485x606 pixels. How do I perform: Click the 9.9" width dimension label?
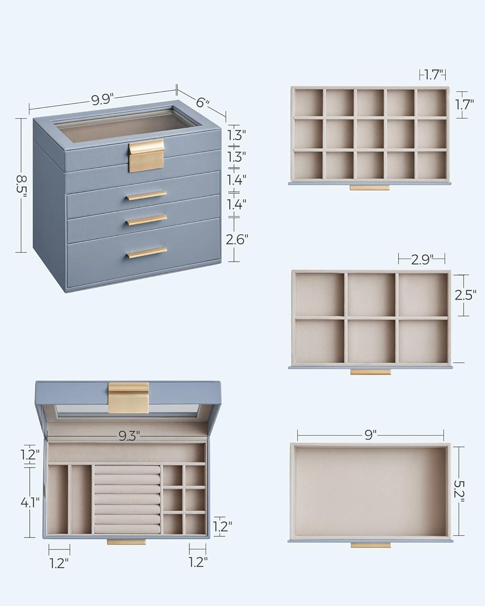[x=102, y=100]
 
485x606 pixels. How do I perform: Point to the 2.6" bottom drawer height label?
[x=237, y=239]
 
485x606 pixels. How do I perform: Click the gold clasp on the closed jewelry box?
[x=147, y=156]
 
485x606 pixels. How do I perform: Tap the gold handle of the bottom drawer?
[x=147, y=253]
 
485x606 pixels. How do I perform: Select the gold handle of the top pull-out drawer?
[x=146, y=196]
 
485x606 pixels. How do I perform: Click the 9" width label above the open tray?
[x=371, y=435]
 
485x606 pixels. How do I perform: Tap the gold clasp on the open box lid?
[x=129, y=398]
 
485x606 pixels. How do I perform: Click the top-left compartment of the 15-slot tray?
[x=309, y=103]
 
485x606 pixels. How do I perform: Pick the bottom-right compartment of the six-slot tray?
[x=423, y=341]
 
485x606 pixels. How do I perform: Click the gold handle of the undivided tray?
[x=371, y=545]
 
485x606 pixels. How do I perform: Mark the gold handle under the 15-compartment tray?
[x=370, y=187]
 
